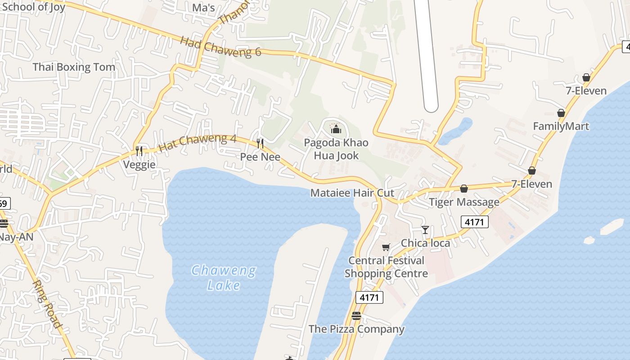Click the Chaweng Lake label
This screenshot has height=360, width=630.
[x=224, y=278]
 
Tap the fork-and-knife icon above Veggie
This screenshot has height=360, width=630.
[x=139, y=151]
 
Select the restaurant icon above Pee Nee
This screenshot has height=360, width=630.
[x=260, y=144]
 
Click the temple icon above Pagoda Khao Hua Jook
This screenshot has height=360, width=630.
[x=336, y=130]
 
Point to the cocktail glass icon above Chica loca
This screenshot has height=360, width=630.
[x=425, y=230]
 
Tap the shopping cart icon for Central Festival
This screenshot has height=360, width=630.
[x=386, y=247]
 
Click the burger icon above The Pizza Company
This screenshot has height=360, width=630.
[x=356, y=316]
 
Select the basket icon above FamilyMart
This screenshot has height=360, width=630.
[x=561, y=113]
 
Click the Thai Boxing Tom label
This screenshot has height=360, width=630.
[x=74, y=67]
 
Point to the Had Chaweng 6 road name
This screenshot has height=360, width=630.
[x=220, y=46]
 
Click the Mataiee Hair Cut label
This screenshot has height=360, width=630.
[x=352, y=193]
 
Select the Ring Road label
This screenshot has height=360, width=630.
[x=46, y=304]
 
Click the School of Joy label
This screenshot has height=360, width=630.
[x=33, y=7]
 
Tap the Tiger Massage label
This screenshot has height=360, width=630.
[x=464, y=202]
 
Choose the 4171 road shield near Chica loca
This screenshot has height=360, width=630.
[x=475, y=221]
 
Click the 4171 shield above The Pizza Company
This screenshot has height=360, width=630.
[x=369, y=297]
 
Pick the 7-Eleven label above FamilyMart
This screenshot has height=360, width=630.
[x=586, y=91]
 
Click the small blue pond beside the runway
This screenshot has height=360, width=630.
[x=455, y=131]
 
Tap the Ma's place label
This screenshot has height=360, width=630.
[x=203, y=8]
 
